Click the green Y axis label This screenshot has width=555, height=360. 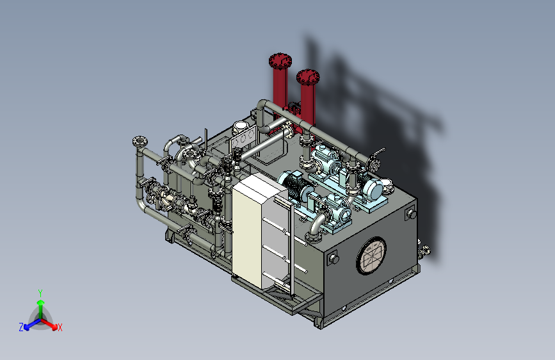click(40, 293)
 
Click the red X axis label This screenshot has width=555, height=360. click(60, 327)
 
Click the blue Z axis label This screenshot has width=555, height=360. click(21, 327)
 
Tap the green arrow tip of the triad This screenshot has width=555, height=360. click(41, 302)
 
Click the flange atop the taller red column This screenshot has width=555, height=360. click(280, 61)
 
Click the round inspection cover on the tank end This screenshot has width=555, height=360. click(371, 256)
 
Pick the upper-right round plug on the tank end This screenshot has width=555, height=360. click(411, 214)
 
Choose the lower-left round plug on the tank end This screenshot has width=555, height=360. click(334, 258)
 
